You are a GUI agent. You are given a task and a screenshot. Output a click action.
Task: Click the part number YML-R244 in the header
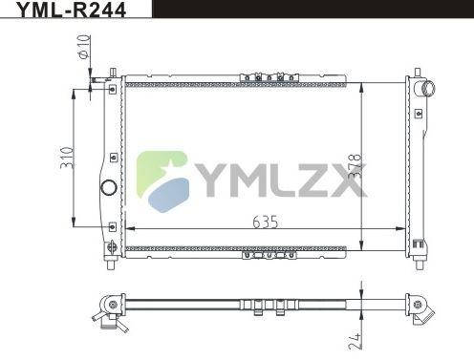click(x=71, y=10)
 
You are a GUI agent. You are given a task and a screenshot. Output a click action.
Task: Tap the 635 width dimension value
click(x=265, y=222)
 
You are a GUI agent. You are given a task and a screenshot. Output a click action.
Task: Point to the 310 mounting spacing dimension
click(x=68, y=158)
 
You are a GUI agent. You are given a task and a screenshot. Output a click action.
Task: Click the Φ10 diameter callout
click(x=84, y=47)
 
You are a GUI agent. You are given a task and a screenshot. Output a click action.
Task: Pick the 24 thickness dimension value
click(x=355, y=341)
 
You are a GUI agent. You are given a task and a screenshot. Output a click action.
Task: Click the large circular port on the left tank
click(x=109, y=187)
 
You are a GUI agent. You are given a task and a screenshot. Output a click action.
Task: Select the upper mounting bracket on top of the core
click(x=269, y=77)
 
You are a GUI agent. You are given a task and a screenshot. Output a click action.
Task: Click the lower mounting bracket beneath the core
click(x=269, y=255)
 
